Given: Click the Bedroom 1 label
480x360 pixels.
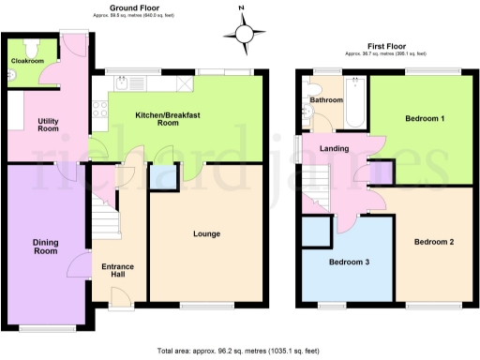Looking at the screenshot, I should (425, 120).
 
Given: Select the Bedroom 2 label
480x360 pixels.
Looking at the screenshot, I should (434, 242).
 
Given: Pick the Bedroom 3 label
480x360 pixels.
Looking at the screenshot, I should (347, 262).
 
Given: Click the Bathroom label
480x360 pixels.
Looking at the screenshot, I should (326, 99).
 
